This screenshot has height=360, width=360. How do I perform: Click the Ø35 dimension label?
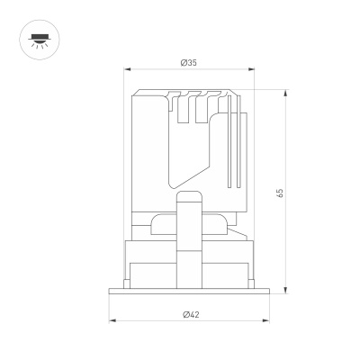coord(189,62)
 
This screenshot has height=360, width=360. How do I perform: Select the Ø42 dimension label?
coord(190,314)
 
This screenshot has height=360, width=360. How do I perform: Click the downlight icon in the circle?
coord(38,38)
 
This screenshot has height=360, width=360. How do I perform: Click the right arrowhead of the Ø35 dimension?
coord(253,69)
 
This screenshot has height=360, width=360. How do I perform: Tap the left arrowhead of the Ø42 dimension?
coord(112,320)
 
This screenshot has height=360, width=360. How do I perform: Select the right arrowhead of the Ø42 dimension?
coord(266,320)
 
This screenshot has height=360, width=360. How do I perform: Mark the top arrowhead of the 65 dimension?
coord(286,91)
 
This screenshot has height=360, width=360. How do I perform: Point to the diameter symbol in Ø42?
coord(184,314)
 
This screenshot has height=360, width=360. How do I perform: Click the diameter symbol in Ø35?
coord(183,62)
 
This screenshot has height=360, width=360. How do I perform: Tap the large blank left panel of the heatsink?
coord(148,144)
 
